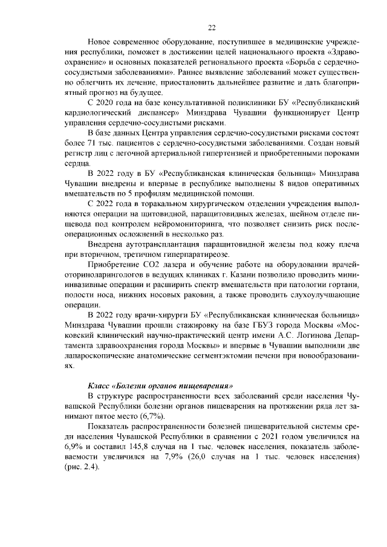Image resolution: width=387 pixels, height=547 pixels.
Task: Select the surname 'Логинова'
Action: point(314,338)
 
